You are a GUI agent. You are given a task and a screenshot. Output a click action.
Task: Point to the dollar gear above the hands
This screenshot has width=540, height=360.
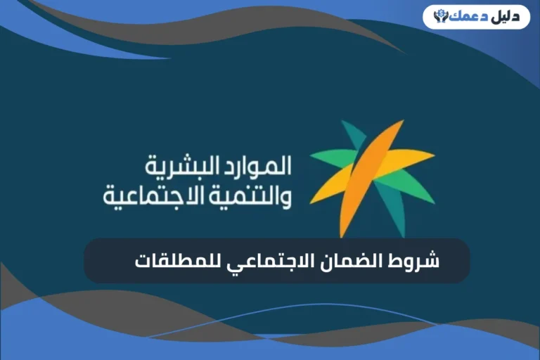pos(441,11)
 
